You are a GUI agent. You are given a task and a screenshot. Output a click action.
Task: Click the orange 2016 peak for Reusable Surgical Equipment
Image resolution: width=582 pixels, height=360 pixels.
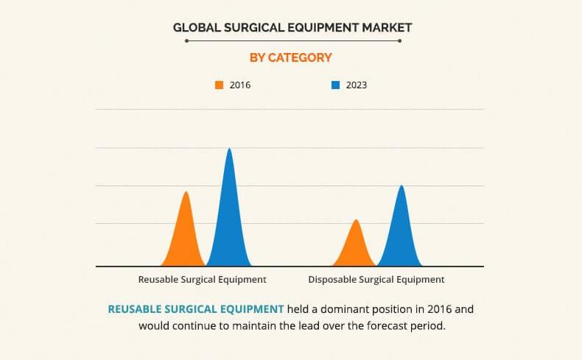[x=186, y=236]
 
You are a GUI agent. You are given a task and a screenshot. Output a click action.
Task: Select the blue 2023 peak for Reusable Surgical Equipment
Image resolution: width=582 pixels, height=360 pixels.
[x=229, y=213]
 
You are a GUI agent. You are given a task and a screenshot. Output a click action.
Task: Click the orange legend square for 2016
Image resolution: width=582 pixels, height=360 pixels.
[x=219, y=85]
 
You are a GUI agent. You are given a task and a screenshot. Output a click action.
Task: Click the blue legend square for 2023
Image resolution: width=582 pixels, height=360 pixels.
[x=335, y=85]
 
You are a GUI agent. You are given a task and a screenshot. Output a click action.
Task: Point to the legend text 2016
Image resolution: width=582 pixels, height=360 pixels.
[x=240, y=85]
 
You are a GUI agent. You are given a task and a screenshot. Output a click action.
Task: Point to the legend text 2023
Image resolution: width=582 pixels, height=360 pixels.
[x=356, y=85]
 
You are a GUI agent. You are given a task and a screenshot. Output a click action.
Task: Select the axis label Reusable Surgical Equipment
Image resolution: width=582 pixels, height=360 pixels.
[x=203, y=280]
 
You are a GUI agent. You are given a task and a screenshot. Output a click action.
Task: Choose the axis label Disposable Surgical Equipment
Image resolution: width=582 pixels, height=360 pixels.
[x=376, y=280]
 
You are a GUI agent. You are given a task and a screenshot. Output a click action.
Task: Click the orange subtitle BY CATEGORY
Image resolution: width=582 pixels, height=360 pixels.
[x=291, y=57]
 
